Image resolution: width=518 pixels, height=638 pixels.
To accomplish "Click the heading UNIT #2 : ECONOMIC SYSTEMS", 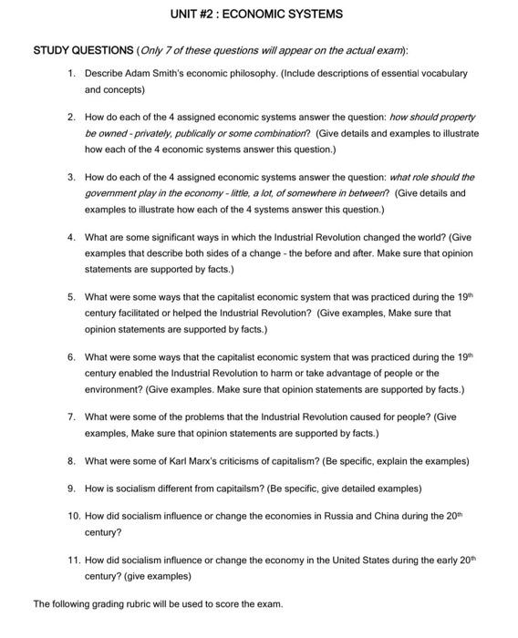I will [257, 15].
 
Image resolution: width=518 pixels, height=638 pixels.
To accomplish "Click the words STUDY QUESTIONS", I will [81, 50].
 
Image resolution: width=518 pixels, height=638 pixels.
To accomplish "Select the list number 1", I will [70, 72].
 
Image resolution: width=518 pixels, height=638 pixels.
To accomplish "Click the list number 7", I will [70, 417].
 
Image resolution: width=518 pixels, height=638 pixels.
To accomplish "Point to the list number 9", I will [70, 488].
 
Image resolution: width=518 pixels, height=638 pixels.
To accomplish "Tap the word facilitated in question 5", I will [115, 313].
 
